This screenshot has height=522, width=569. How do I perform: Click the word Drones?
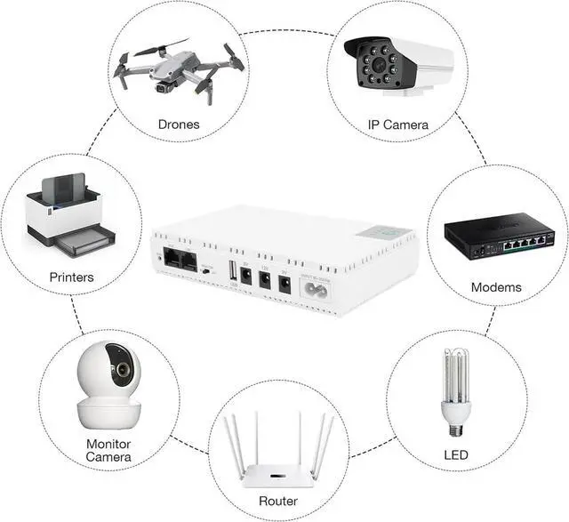179,124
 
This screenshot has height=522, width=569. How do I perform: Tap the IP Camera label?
398,124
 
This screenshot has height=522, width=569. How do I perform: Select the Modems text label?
496,287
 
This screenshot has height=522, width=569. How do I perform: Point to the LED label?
454,456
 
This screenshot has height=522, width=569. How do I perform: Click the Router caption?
279,502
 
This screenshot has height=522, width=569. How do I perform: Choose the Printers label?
71,277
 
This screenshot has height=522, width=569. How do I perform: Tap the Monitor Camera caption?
109,450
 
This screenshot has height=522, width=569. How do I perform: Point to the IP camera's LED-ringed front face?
375,61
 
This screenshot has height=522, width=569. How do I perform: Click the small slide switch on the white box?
207,269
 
